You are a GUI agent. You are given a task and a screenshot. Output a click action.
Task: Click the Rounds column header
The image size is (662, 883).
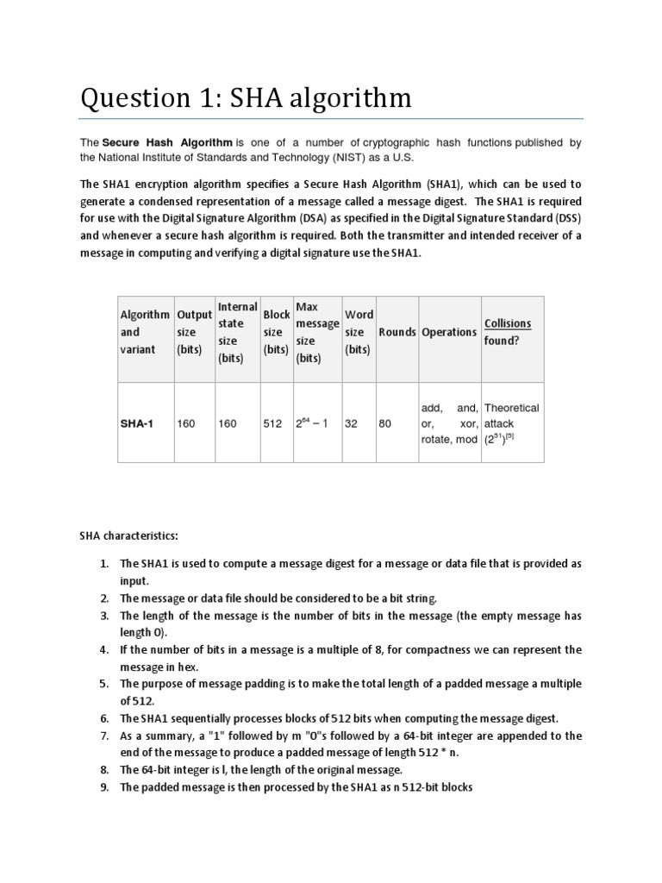coord(397,332)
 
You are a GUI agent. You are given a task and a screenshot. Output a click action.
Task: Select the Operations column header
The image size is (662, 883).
coord(448,332)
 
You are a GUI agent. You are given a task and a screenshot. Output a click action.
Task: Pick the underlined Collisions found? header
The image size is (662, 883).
coord(508,332)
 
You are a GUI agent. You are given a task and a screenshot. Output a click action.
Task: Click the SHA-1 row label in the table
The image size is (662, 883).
coord(137,424)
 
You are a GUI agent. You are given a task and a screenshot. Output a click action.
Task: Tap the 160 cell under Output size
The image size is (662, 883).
coord(185,424)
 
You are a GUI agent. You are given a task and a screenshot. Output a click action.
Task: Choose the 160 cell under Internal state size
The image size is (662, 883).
coord(228,424)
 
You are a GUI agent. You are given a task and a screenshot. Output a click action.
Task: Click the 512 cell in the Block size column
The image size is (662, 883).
coord(272,424)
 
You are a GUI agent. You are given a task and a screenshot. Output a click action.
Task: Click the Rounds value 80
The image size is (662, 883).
coord(385,424)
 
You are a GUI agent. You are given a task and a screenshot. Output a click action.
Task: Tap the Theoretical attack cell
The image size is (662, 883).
coord(511,423)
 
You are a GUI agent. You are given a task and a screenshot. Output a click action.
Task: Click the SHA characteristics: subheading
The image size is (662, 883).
coord(128,536)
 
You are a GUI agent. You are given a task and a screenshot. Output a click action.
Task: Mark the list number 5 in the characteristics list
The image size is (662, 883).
coord(103,684)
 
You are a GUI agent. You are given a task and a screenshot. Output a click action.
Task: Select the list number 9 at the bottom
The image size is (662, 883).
coord(103,787)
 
